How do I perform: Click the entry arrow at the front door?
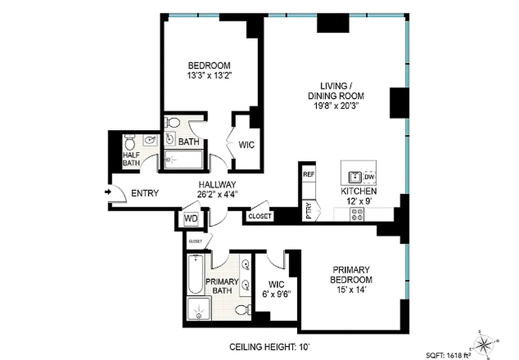coord(108,192)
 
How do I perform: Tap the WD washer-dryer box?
coord(190,219)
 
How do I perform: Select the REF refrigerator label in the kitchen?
coord(308,174)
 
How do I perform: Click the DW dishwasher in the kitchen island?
coord(369,177)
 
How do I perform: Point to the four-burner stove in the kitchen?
coord(358,214)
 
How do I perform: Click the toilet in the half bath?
coord(130,144)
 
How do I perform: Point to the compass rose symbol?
coord(484,344)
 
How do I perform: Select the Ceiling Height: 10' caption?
coord(270,347)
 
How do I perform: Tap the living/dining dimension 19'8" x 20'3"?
coord(335,106)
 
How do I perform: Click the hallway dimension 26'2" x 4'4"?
coord(218,194)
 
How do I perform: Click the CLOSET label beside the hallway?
coord(260,216)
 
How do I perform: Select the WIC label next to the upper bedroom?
coord(246,145)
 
